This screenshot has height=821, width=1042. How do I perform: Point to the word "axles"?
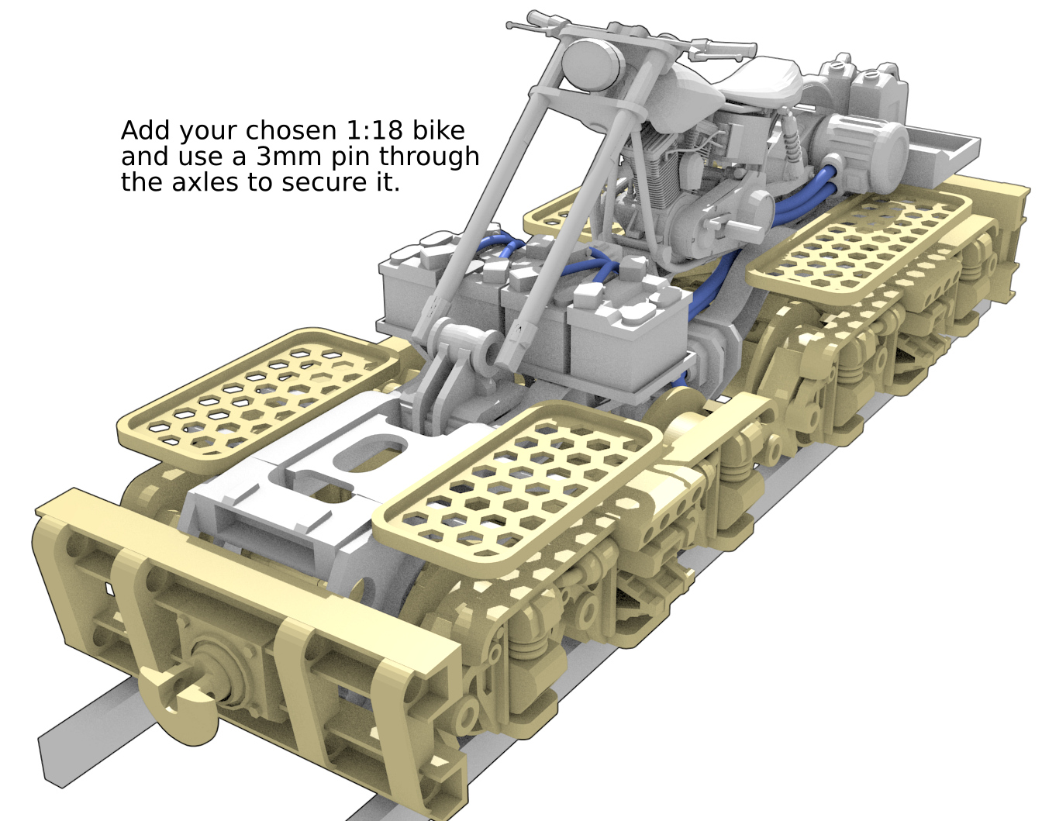[205, 183]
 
